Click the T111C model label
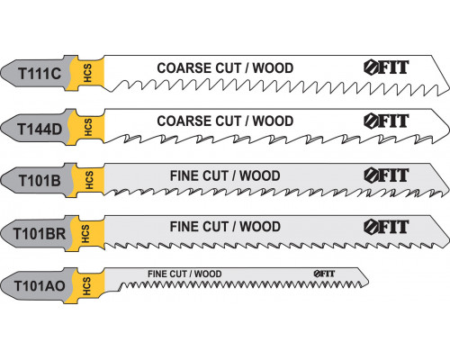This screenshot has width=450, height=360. pyautogui.click(x=40, y=74)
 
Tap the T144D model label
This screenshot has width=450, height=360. pyautogui.click(x=40, y=129)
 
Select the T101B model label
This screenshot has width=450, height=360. pyautogui.click(x=40, y=181)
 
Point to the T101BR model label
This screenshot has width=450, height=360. pyautogui.click(x=40, y=234)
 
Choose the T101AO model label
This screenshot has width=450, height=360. pyautogui.click(x=40, y=286)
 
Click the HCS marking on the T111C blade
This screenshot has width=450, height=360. pyautogui.click(x=87, y=73)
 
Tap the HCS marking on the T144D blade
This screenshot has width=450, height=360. pyautogui.click(x=88, y=127)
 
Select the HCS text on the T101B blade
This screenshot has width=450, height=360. pyautogui.click(x=89, y=180)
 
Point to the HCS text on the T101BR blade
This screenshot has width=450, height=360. pyautogui.click(x=85, y=234)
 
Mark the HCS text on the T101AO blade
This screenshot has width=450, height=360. pyautogui.click(x=86, y=286)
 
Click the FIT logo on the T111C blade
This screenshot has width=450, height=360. pyautogui.click(x=386, y=67)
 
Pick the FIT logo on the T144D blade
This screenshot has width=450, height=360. pyautogui.click(x=386, y=121)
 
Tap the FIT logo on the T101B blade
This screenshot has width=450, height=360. pyautogui.click(x=386, y=175)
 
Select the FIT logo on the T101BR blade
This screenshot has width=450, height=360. pyautogui.click(x=386, y=227)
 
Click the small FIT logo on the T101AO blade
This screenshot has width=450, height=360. pyautogui.click(x=324, y=274)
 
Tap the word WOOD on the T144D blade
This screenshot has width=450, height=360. pyautogui.click(x=273, y=121)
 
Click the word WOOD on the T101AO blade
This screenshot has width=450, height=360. pyautogui.click(x=208, y=274)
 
